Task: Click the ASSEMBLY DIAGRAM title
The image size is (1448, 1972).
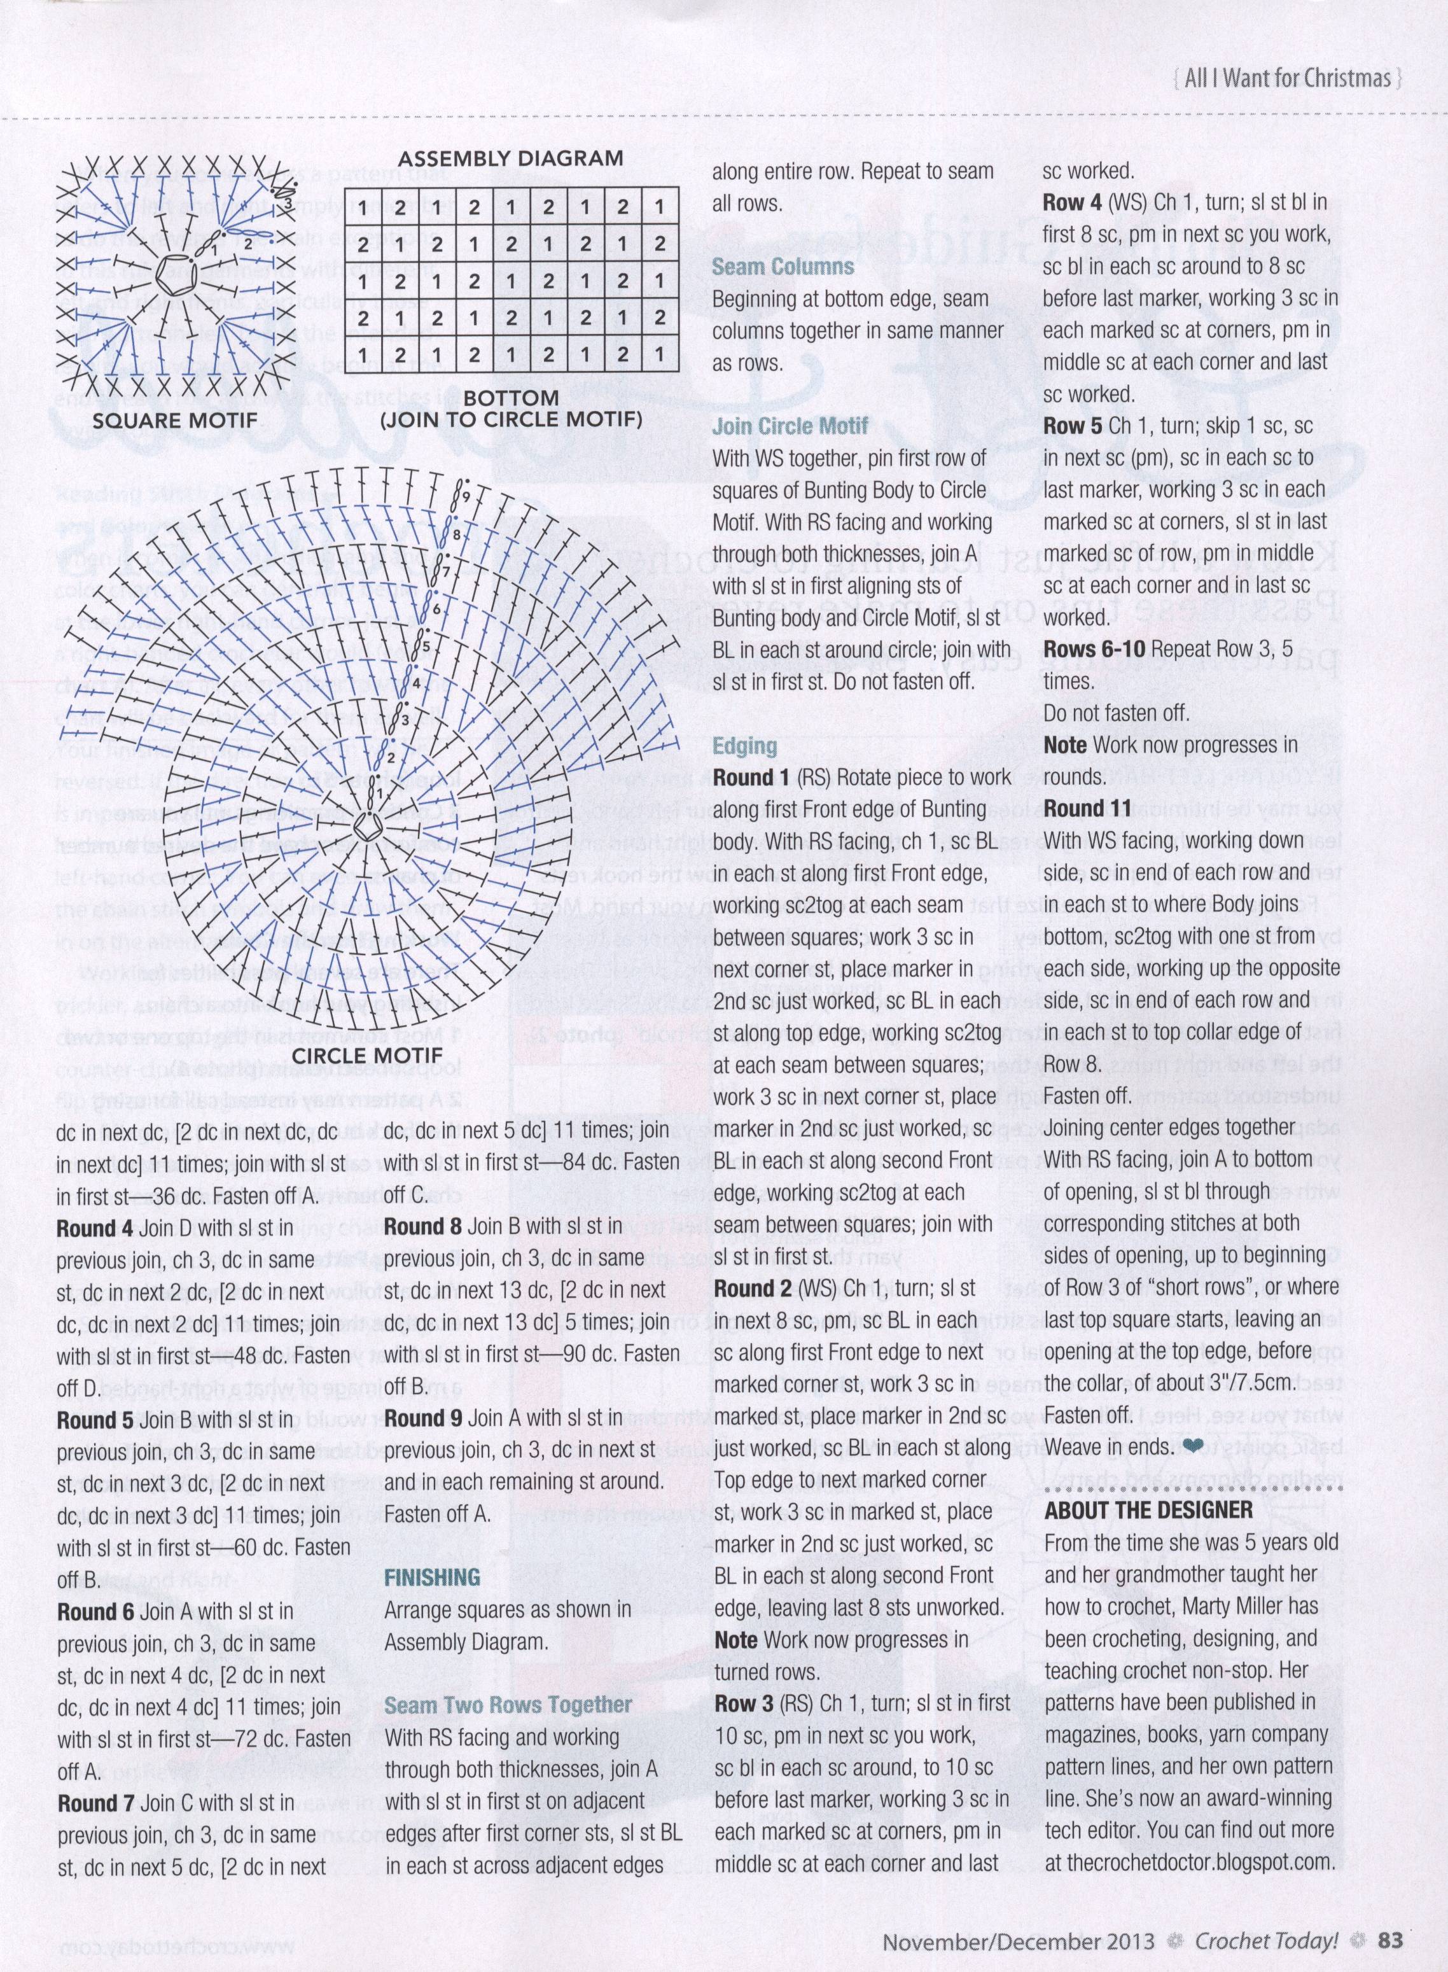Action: (511, 158)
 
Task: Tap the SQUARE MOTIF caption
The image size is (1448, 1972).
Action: (176, 420)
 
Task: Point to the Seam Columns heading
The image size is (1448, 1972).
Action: (783, 267)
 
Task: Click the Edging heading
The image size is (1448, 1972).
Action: (744, 746)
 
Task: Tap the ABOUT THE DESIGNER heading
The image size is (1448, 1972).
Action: (1148, 1509)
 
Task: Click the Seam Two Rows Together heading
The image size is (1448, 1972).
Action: (508, 1704)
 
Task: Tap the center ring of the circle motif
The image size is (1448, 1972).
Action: (362, 825)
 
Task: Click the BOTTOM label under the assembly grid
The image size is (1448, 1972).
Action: (511, 397)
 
